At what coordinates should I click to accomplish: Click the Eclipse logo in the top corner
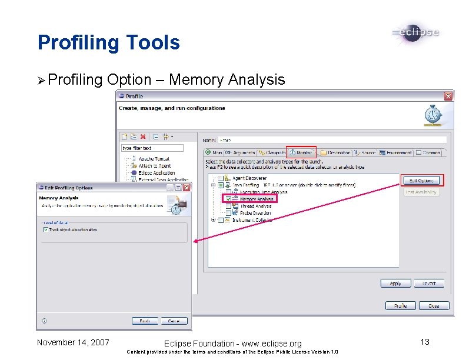tap(415, 33)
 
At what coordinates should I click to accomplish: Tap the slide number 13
tap(425, 342)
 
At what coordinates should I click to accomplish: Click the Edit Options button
tap(421, 180)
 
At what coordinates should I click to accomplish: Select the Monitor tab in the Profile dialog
tap(301, 152)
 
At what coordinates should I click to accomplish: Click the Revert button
tap(429, 283)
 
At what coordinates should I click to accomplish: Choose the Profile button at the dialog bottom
tap(400, 306)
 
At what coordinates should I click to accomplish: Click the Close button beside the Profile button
tap(434, 306)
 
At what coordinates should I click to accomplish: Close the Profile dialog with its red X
tap(448, 96)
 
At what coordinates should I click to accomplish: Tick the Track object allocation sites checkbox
tap(46, 230)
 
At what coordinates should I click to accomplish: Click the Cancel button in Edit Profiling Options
tap(174, 321)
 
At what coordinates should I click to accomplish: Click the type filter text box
tap(152, 148)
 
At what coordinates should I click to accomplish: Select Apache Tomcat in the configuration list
tap(154, 159)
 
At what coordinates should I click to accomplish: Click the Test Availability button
tap(421, 192)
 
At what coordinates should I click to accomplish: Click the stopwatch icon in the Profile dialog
tap(433, 115)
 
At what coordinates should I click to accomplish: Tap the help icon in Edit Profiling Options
tap(45, 321)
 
